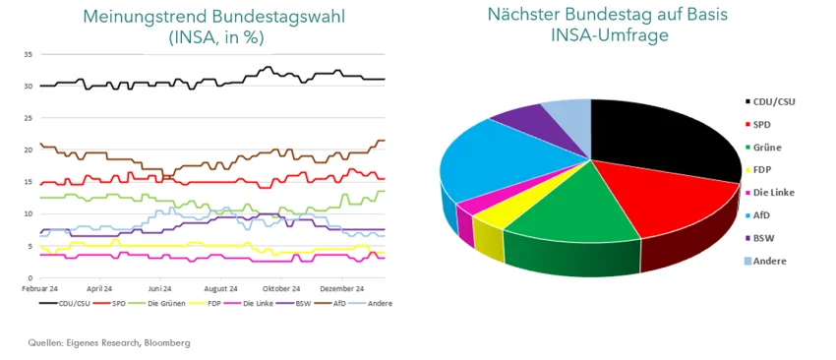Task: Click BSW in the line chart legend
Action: click(x=303, y=303)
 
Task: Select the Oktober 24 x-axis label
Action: click(x=281, y=288)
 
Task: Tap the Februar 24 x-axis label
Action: click(x=41, y=288)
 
